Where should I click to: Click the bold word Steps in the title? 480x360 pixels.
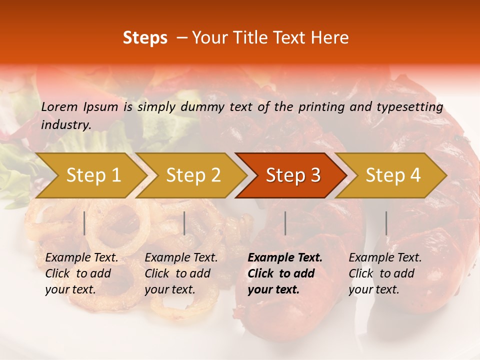pyautogui.click(x=145, y=38)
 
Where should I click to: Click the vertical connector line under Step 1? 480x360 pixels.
pyautogui.click(x=84, y=223)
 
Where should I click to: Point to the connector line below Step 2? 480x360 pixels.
pyautogui.click(x=184, y=223)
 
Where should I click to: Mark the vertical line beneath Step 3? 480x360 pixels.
pyautogui.click(x=285, y=223)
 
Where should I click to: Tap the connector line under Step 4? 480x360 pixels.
pyautogui.click(x=386, y=223)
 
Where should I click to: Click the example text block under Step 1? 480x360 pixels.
pyautogui.click(x=81, y=273)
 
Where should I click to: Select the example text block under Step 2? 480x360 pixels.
pyautogui.click(x=181, y=273)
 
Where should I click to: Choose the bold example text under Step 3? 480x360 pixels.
pyautogui.click(x=285, y=273)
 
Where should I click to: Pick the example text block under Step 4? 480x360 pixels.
pyautogui.click(x=385, y=273)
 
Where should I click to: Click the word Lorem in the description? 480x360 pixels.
pyautogui.click(x=59, y=106)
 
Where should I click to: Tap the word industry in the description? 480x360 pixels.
pyautogui.click(x=65, y=125)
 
